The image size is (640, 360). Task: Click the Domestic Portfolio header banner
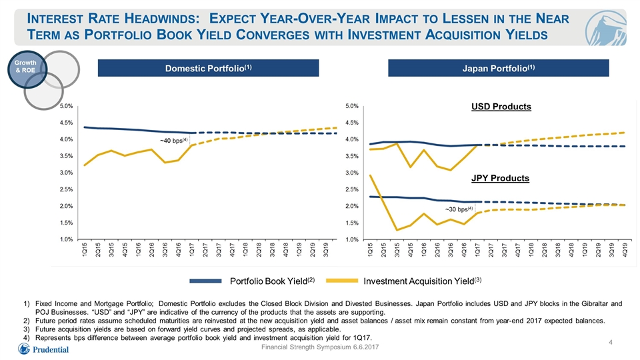[208, 68]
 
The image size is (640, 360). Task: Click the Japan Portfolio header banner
[499, 68]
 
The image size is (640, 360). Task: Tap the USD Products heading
[501, 107]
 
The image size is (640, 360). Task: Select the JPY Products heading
[501, 179]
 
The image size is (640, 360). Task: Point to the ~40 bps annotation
[173, 141]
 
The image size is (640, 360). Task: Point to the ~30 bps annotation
[459, 209]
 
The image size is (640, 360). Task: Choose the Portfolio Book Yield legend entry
[252, 281]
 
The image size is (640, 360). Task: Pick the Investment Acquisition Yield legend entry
[404, 281]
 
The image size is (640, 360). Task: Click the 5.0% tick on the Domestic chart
[66, 106]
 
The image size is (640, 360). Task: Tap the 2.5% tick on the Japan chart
[352, 189]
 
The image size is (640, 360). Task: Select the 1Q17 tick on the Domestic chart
[191, 249]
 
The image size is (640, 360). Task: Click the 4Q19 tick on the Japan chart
[625, 249]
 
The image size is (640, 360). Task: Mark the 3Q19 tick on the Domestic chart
[326, 249]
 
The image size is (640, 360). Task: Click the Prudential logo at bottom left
[43, 349]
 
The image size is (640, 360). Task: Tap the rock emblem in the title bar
[605, 28]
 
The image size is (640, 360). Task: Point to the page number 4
[611, 342]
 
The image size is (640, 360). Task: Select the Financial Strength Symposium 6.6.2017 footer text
[320, 347]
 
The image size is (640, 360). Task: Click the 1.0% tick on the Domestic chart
[66, 239]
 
